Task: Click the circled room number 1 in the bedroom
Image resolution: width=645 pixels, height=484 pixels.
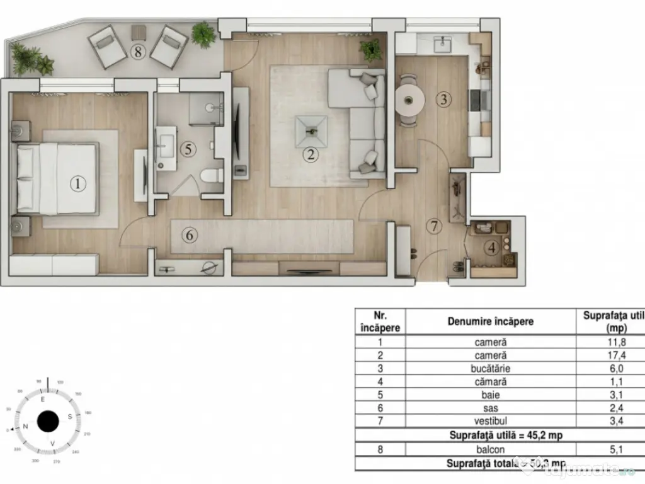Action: tap(77, 184)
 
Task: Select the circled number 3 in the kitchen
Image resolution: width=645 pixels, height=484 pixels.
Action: tap(444, 99)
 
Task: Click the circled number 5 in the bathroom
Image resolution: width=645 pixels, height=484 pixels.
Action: tap(187, 149)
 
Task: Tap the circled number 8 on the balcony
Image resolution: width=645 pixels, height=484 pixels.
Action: tap(138, 52)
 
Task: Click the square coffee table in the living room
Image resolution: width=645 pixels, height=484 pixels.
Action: tap(311, 131)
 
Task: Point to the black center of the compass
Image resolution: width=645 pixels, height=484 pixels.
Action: tap(48, 421)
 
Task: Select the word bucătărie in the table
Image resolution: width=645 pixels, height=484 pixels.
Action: tap(490, 369)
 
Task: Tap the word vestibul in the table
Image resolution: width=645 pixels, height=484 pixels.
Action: tap(490, 421)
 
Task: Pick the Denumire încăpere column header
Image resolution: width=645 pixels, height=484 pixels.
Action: tap(490, 321)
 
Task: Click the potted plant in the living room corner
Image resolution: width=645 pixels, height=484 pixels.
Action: tap(370, 50)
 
